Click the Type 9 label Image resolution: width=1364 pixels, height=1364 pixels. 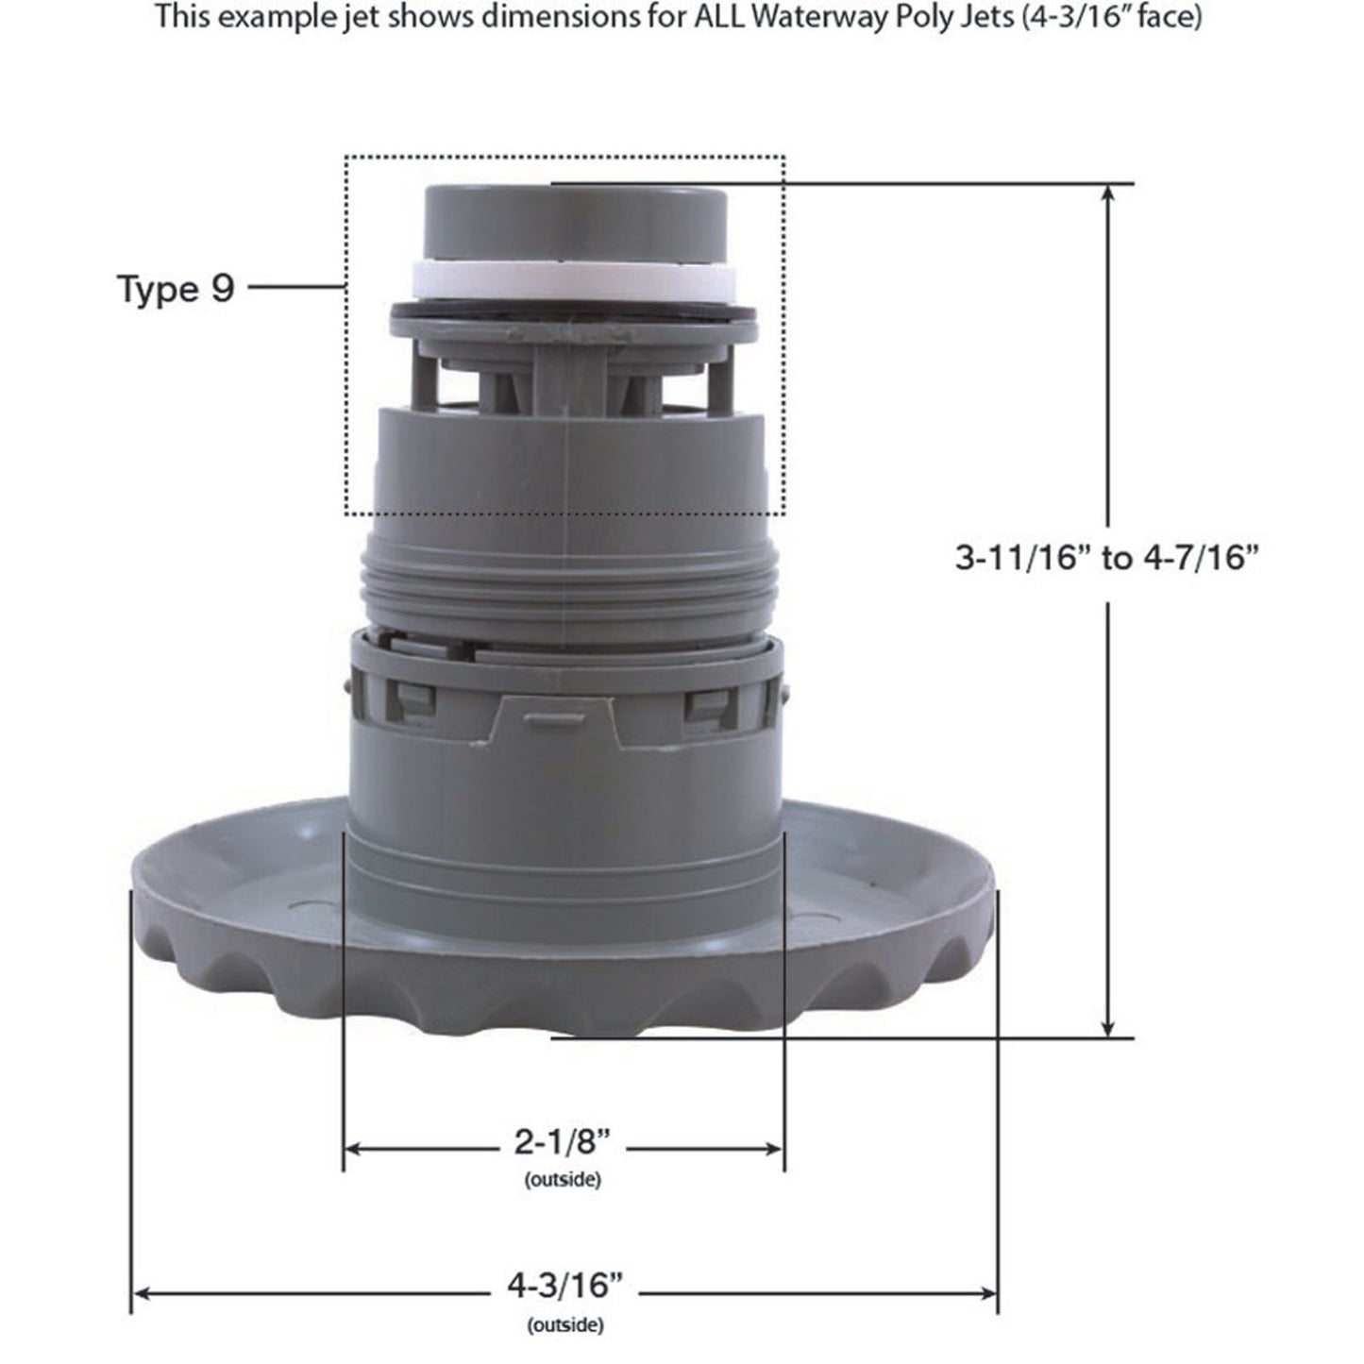[x=176, y=289]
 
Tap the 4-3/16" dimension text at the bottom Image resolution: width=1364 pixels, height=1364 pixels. [x=565, y=1285]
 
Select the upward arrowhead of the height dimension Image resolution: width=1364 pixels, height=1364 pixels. [x=1108, y=193]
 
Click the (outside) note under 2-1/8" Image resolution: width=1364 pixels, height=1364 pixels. [x=563, y=1179]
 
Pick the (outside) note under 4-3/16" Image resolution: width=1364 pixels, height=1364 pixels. [x=565, y=1325]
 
